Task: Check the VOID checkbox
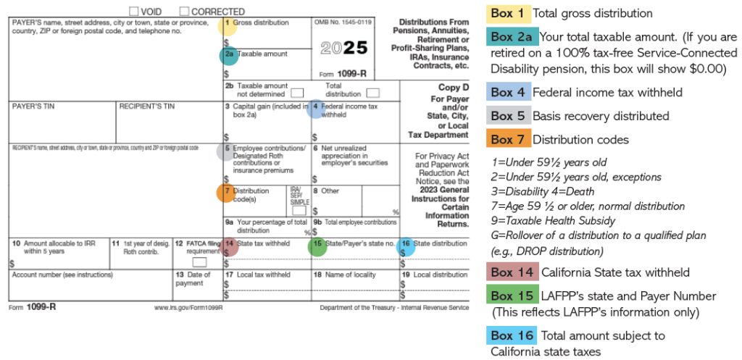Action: pyautogui.click(x=134, y=11)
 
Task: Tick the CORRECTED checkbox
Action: pyautogui.click(x=184, y=11)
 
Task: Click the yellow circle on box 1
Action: pyautogui.click(x=228, y=25)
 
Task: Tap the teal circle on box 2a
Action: pyautogui.click(x=229, y=56)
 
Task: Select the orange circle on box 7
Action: pyautogui.click(x=225, y=193)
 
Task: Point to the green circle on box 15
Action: pyautogui.click(x=317, y=246)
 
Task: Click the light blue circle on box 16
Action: pyautogui.click(x=407, y=246)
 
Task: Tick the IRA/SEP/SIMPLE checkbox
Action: pyautogui.click(x=299, y=210)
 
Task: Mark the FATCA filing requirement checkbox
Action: pyautogui.click(x=199, y=261)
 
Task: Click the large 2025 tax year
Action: pyautogui.click(x=343, y=48)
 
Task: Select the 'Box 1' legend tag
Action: pyautogui.click(x=512, y=13)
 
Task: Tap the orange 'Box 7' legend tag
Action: pyautogui.click(x=512, y=139)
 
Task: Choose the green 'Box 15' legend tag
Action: pyautogui.click(x=512, y=296)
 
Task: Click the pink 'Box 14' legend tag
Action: pyautogui.click(x=512, y=272)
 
